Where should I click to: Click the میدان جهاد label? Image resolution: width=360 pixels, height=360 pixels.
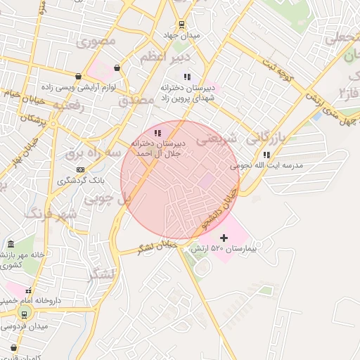tap(186, 35)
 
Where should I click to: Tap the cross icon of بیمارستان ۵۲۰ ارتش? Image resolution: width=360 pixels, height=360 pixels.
tap(224, 238)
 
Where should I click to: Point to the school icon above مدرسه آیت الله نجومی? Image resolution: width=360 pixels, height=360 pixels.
tap(266, 155)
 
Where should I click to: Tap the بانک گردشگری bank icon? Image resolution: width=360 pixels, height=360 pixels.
tap(80, 169)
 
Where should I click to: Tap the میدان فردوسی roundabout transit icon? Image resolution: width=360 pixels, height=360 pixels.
tap(26, 313)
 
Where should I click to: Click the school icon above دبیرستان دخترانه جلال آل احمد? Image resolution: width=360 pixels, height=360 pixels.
tap(157, 132)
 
